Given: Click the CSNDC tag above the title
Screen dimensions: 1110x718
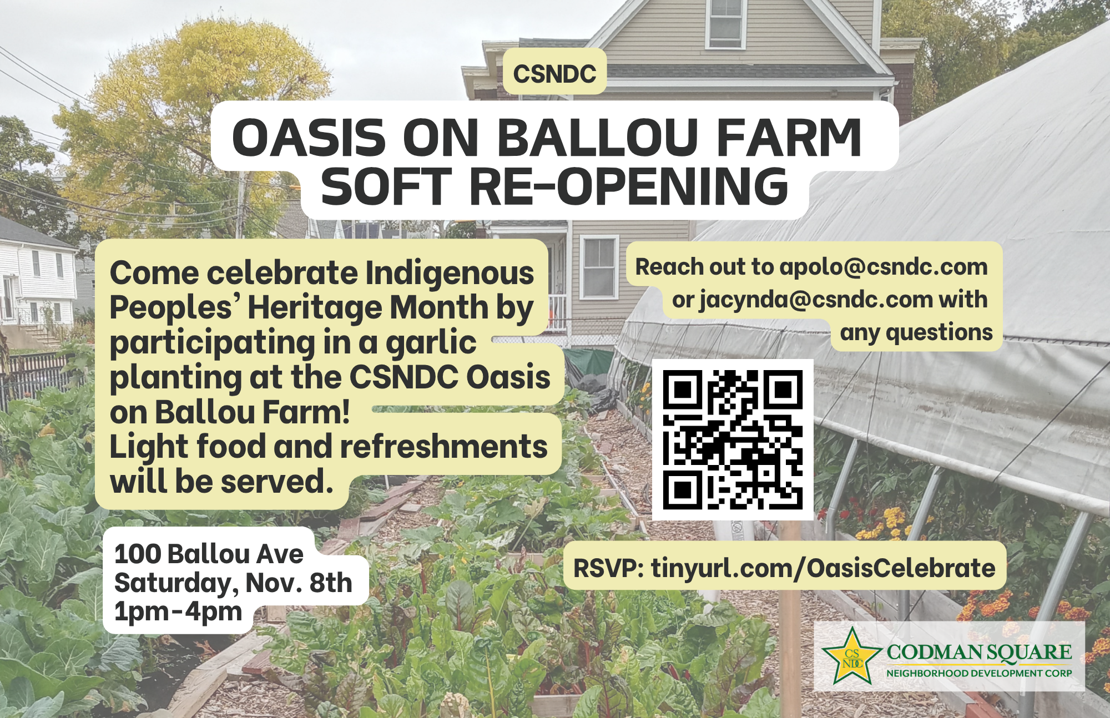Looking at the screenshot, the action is point(554,73).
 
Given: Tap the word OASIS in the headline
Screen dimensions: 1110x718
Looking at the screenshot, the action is point(309,137).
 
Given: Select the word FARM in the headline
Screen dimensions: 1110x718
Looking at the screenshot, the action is point(789,137).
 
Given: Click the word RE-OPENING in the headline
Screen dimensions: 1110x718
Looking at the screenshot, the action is point(629,186).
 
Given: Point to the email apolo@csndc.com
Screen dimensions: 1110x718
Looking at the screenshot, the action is point(884,267).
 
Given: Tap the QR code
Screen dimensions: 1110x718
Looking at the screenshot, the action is point(733,439).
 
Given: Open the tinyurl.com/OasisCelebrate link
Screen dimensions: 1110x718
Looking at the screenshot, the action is point(823,568).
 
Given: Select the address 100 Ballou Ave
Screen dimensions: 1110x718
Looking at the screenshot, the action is point(209,554).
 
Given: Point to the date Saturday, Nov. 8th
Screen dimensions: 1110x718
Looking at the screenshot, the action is point(233,583).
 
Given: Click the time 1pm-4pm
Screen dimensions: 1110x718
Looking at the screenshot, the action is point(178,611).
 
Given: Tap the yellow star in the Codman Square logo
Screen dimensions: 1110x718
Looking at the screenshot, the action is point(852,657).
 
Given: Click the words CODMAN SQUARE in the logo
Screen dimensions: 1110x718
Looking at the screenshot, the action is point(979,652).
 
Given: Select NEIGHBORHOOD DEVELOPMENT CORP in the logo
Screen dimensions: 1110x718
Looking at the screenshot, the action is point(979,673).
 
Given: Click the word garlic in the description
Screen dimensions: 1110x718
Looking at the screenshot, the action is point(431,343).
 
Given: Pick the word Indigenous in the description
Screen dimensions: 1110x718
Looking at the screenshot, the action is point(449,274).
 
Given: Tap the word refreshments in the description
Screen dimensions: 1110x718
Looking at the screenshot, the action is point(443,447).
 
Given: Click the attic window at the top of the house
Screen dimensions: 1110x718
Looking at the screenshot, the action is point(726,23).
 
